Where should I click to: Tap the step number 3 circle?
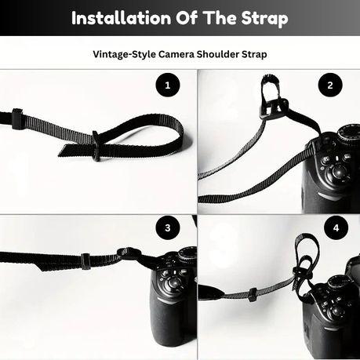tap(166, 229)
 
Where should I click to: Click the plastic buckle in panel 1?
tap(96, 145)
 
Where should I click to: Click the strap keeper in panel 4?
tap(252, 294)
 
